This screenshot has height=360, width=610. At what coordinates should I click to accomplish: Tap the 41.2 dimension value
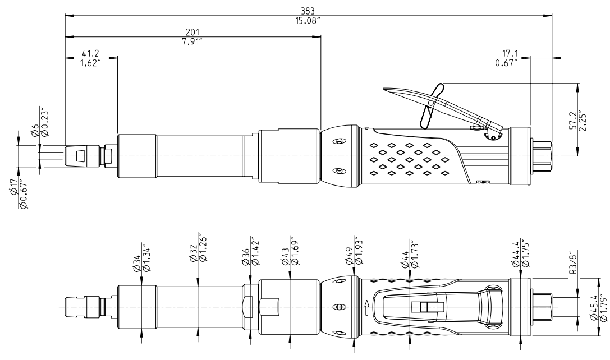pos(91,53)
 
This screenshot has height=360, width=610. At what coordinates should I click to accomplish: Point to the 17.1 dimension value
pos(507,53)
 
